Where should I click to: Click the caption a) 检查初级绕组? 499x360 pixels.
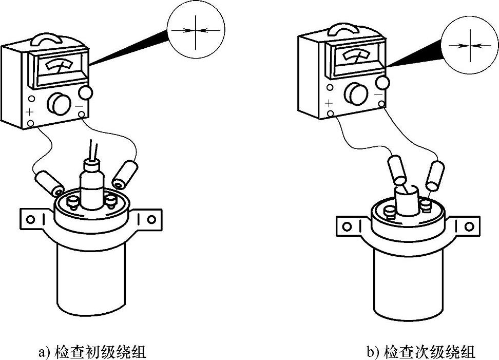tap(92, 352)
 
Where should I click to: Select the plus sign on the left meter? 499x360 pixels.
tap(30, 111)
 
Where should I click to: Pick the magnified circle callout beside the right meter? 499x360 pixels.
tap(469, 45)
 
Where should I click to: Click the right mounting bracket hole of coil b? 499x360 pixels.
tap(469, 225)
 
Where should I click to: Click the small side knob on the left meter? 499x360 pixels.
tap(86, 92)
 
